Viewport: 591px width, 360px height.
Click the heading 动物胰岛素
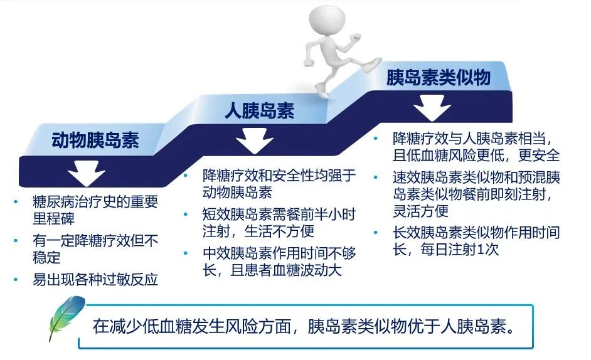pyautogui.click(x=95, y=140)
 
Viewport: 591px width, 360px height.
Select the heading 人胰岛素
pyautogui.click(x=259, y=111)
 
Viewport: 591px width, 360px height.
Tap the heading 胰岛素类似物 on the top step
pyautogui.click(x=439, y=77)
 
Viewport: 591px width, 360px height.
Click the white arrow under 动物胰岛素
pyautogui.click(x=87, y=173)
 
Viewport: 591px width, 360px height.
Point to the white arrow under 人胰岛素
pyautogui.click(x=255, y=140)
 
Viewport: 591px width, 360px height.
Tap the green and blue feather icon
pyautogui.click(x=66, y=317)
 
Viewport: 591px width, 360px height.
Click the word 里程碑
pyautogui.click(x=53, y=219)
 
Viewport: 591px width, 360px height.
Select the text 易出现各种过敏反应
pyautogui.click(x=95, y=279)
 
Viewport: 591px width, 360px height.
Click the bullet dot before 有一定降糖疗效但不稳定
pyautogui.click(x=16, y=240)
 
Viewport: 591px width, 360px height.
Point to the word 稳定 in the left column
pyautogui.click(x=46, y=258)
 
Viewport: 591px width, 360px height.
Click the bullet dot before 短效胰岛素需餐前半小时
pyautogui.click(x=186, y=214)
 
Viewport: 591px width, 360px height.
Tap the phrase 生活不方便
pyautogui.click(x=279, y=231)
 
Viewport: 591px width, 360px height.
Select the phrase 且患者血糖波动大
pyautogui.click(x=286, y=270)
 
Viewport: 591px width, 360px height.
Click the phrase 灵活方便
pyautogui.click(x=420, y=211)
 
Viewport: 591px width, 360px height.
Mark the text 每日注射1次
pyautogui.click(x=460, y=249)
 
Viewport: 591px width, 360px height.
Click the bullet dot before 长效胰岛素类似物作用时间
pyautogui.click(x=376, y=233)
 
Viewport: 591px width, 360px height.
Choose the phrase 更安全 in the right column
pyautogui.click(x=540, y=156)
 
